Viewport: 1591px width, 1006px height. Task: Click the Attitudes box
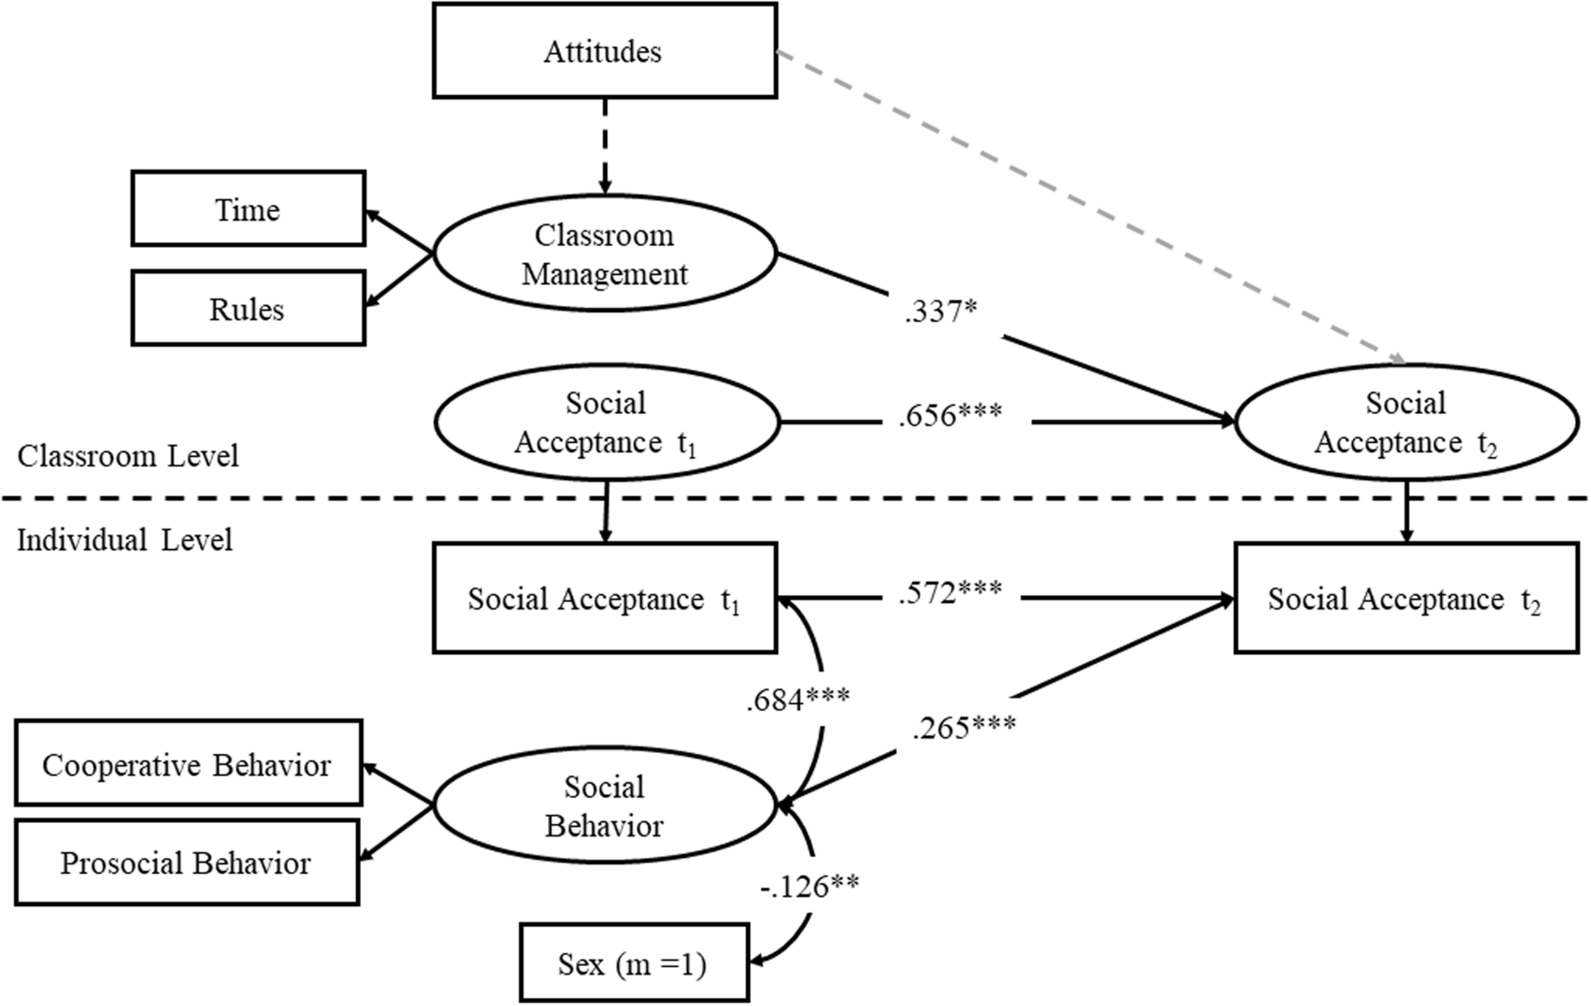[604, 52]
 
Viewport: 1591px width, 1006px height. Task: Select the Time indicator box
[248, 209]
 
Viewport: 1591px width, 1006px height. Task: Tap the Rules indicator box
[248, 309]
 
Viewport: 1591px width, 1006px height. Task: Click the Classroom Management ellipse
[604, 254]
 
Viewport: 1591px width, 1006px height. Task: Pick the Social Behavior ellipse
[604, 805]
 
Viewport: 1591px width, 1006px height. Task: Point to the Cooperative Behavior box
[188, 765]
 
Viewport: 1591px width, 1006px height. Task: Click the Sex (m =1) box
[633, 964]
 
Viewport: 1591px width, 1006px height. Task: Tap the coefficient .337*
[940, 311]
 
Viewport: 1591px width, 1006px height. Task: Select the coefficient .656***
[950, 415]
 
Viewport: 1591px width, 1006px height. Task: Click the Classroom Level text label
[127, 456]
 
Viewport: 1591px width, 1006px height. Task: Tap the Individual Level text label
[124, 540]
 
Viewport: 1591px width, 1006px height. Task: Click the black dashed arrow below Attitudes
[605, 145]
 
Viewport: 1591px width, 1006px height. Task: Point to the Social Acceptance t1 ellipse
[605, 422]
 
